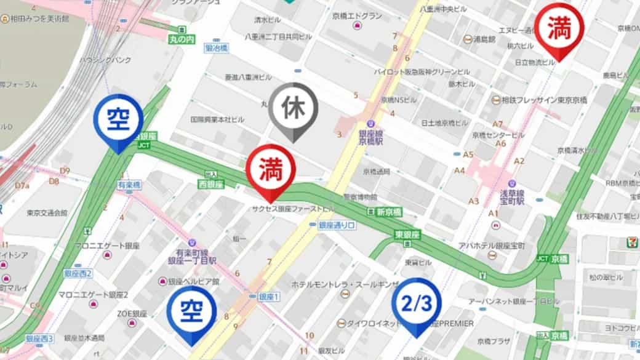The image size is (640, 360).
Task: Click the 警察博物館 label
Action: [x=360, y=197]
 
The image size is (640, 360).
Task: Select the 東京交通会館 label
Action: [x=47, y=213]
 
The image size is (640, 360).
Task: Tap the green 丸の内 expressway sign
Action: [x=182, y=38]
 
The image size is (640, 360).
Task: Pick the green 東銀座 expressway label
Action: [x=407, y=234]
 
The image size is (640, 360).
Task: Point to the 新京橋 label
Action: [x=389, y=212]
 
